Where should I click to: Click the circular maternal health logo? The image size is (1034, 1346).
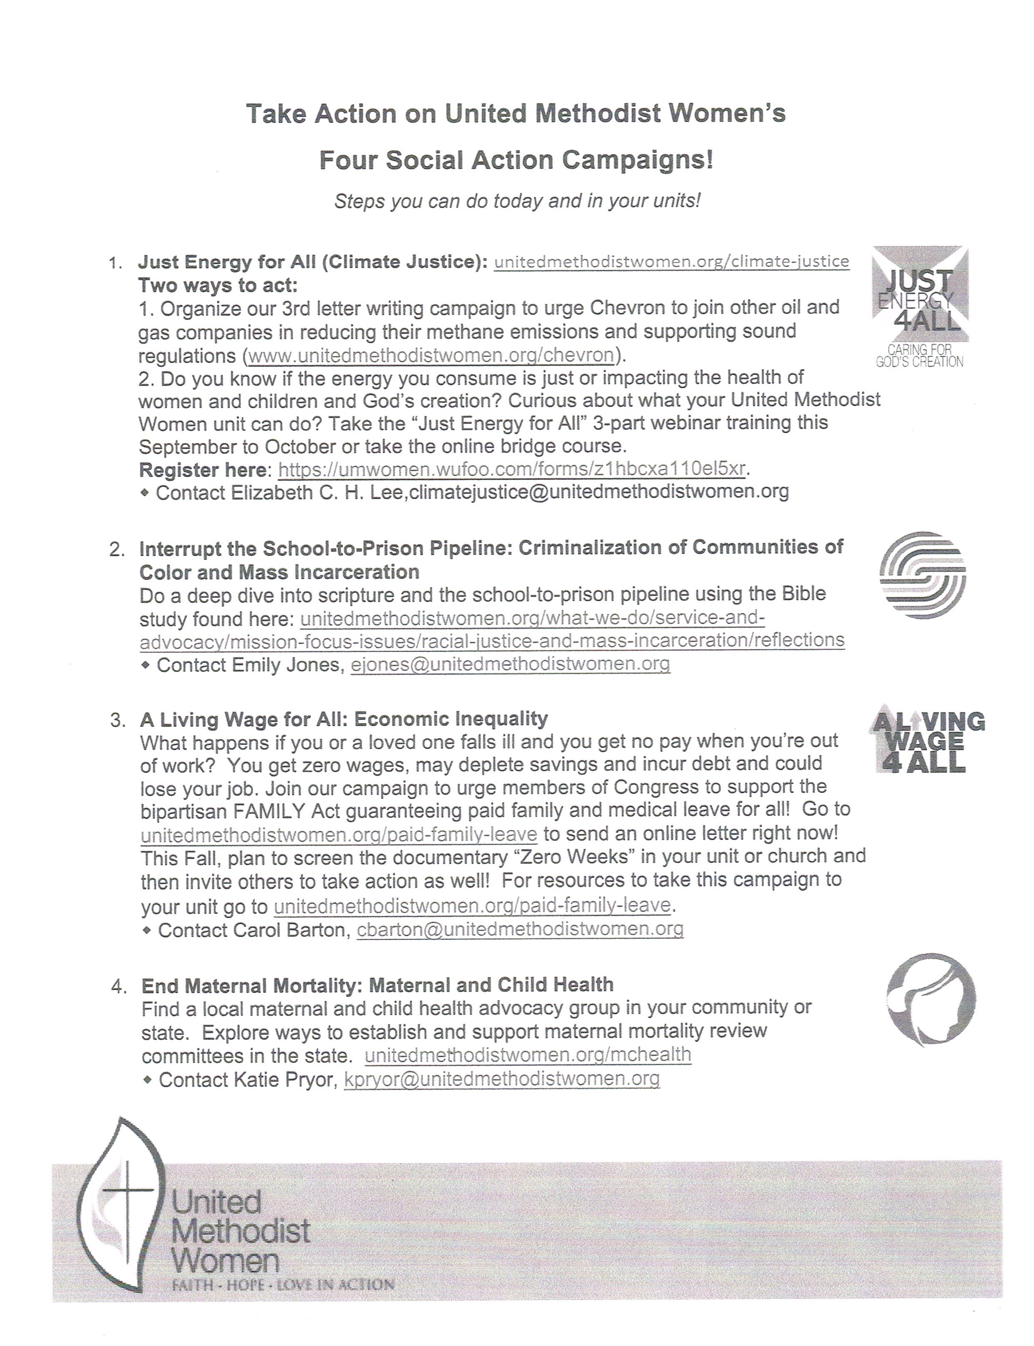[x=931, y=999]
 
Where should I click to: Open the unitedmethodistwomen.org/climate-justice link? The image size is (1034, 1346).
[x=672, y=261]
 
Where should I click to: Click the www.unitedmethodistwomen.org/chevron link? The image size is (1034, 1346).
[x=431, y=356]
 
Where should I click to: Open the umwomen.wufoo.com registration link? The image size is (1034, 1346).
[x=512, y=469]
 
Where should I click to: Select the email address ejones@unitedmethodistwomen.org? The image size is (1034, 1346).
[x=510, y=664]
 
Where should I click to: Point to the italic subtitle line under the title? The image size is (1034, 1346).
[x=517, y=201]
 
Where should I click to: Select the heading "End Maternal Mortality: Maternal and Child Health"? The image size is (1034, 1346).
[x=377, y=985]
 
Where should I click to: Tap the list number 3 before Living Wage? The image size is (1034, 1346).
[x=118, y=720]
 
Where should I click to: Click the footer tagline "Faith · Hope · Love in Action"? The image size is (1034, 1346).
[x=283, y=1284]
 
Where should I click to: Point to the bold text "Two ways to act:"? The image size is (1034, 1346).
[x=218, y=286]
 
